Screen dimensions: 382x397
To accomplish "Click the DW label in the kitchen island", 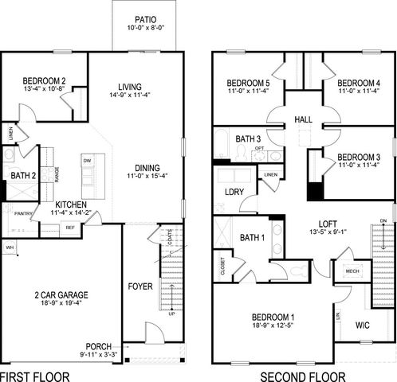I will coord(86,160).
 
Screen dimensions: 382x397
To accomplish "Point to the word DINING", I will coord(147,167).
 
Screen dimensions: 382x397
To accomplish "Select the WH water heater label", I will coord(10,248).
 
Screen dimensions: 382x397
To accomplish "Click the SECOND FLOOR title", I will coord(304,376).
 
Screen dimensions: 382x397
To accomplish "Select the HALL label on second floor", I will coord(303,119).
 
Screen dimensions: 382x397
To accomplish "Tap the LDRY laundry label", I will coord(234,192).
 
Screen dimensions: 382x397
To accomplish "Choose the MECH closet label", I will coord(352,271).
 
